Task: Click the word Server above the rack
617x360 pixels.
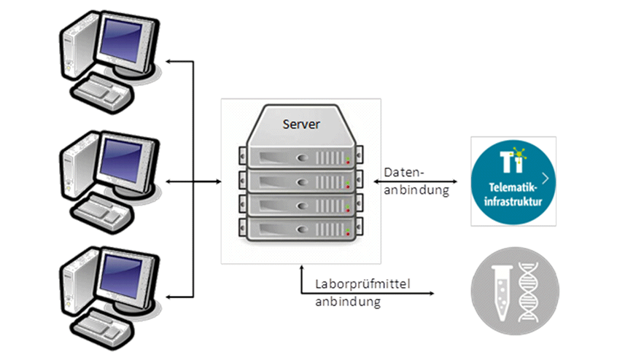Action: pos(300,124)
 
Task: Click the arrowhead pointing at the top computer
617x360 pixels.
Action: pos(170,62)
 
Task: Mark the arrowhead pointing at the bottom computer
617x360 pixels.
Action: pos(170,296)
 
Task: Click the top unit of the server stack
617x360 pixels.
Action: pos(301,157)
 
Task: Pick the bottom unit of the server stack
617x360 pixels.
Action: pos(301,229)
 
